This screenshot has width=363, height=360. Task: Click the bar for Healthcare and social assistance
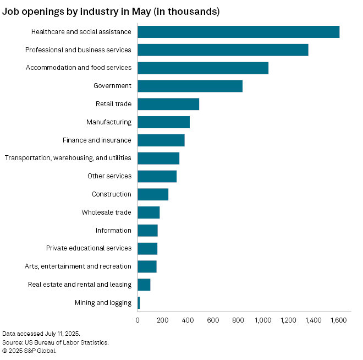pyautogui.click(x=238, y=32)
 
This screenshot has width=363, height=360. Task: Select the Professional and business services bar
pyautogui.click(x=223, y=50)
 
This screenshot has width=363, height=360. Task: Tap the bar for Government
pyautogui.click(x=190, y=86)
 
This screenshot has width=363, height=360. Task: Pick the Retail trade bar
pyautogui.click(x=168, y=104)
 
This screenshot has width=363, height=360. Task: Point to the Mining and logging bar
pyautogui.click(x=139, y=303)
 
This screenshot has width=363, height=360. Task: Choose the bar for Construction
pyautogui.click(x=153, y=194)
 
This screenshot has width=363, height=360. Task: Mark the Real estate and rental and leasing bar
pyautogui.click(x=144, y=285)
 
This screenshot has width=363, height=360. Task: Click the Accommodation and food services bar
pyautogui.click(x=203, y=68)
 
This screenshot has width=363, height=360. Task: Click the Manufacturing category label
pyautogui.click(x=109, y=122)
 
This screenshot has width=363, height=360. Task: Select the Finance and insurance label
pyautogui.click(x=97, y=140)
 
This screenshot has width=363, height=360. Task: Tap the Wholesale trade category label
pyautogui.click(x=107, y=212)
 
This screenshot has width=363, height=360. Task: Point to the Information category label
pyautogui.click(x=113, y=231)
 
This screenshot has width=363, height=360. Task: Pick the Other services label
pyautogui.click(x=109, y=176)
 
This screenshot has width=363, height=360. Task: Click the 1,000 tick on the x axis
pyautogui.click(x=263, y=320)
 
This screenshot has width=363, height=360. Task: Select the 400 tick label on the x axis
pyautogui.click(x=188, y=320)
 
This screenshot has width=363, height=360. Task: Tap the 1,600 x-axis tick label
pyautogui.click(x=338, y=320)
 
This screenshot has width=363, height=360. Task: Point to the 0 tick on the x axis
pyautogui.click(x=137, y=320)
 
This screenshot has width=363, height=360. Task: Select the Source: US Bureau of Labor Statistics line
pyautogui.click(x=56, y=342)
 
